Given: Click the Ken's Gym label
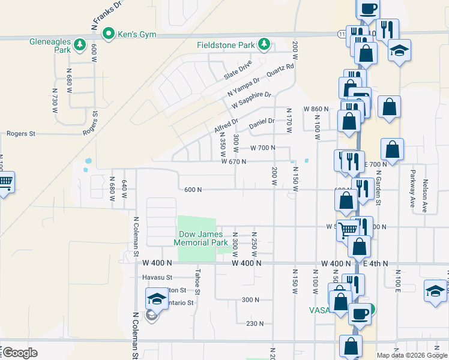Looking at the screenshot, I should point(136,34).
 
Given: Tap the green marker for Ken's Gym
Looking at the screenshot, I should point(109,34).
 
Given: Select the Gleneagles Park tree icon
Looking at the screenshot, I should point(80,44).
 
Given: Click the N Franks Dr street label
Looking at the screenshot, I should point(106,16).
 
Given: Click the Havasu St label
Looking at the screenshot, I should point(157,277).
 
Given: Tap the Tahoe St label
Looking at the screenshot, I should point(197,277).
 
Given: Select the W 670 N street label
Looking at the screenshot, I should point(234,161).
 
